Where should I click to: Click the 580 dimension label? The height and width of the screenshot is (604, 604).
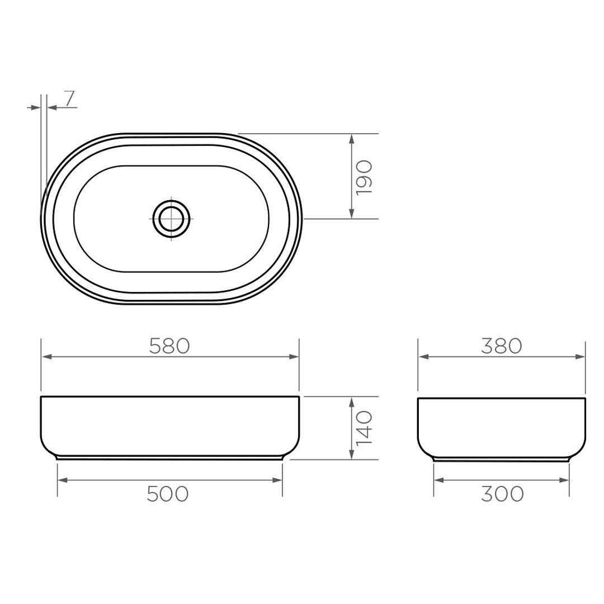point(169,347)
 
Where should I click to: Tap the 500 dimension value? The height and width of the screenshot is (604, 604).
point(168,494)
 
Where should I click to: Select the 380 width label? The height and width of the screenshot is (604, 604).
point(501,347)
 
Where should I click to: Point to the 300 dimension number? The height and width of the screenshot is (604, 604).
point(502,494)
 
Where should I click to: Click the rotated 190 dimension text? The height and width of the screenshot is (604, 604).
point(364,177)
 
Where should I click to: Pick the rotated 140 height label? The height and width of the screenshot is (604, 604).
point(364,428)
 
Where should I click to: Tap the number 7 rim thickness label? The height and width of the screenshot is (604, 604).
point(69,98)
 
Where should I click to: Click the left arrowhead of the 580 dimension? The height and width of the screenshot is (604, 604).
point(47,357)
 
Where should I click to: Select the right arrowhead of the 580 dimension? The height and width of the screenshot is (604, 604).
point(294,357)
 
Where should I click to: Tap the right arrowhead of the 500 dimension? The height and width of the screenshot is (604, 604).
point(277,480)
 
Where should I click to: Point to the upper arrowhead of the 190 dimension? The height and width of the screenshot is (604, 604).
point(351,139)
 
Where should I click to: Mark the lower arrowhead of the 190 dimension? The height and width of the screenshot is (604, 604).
point(351,213)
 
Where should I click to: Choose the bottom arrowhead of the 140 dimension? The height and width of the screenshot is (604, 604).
point(351,454)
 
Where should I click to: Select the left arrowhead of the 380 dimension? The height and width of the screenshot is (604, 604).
point(424,357)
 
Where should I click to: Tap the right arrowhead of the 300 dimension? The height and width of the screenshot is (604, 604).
point(564,480)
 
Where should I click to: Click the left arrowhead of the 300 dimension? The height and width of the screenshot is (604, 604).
point(439,480)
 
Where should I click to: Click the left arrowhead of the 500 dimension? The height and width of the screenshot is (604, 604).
point(63,480)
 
